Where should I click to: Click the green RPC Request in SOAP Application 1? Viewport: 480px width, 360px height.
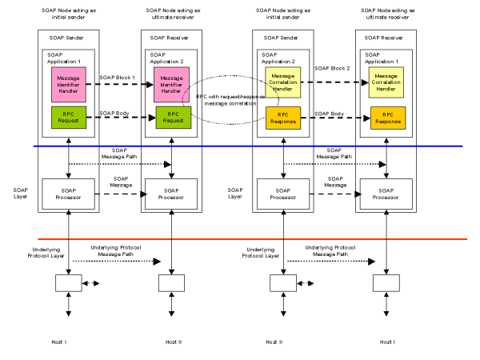click(66, 117)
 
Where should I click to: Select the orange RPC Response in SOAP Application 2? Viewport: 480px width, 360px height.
click(279, 117)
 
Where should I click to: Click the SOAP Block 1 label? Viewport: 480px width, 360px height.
click(117, 78)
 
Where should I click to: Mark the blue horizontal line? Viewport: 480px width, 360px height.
click(240, 146)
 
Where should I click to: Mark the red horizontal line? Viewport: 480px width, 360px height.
click(240, 239)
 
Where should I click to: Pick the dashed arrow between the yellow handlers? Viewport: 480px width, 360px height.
click(332, 85)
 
